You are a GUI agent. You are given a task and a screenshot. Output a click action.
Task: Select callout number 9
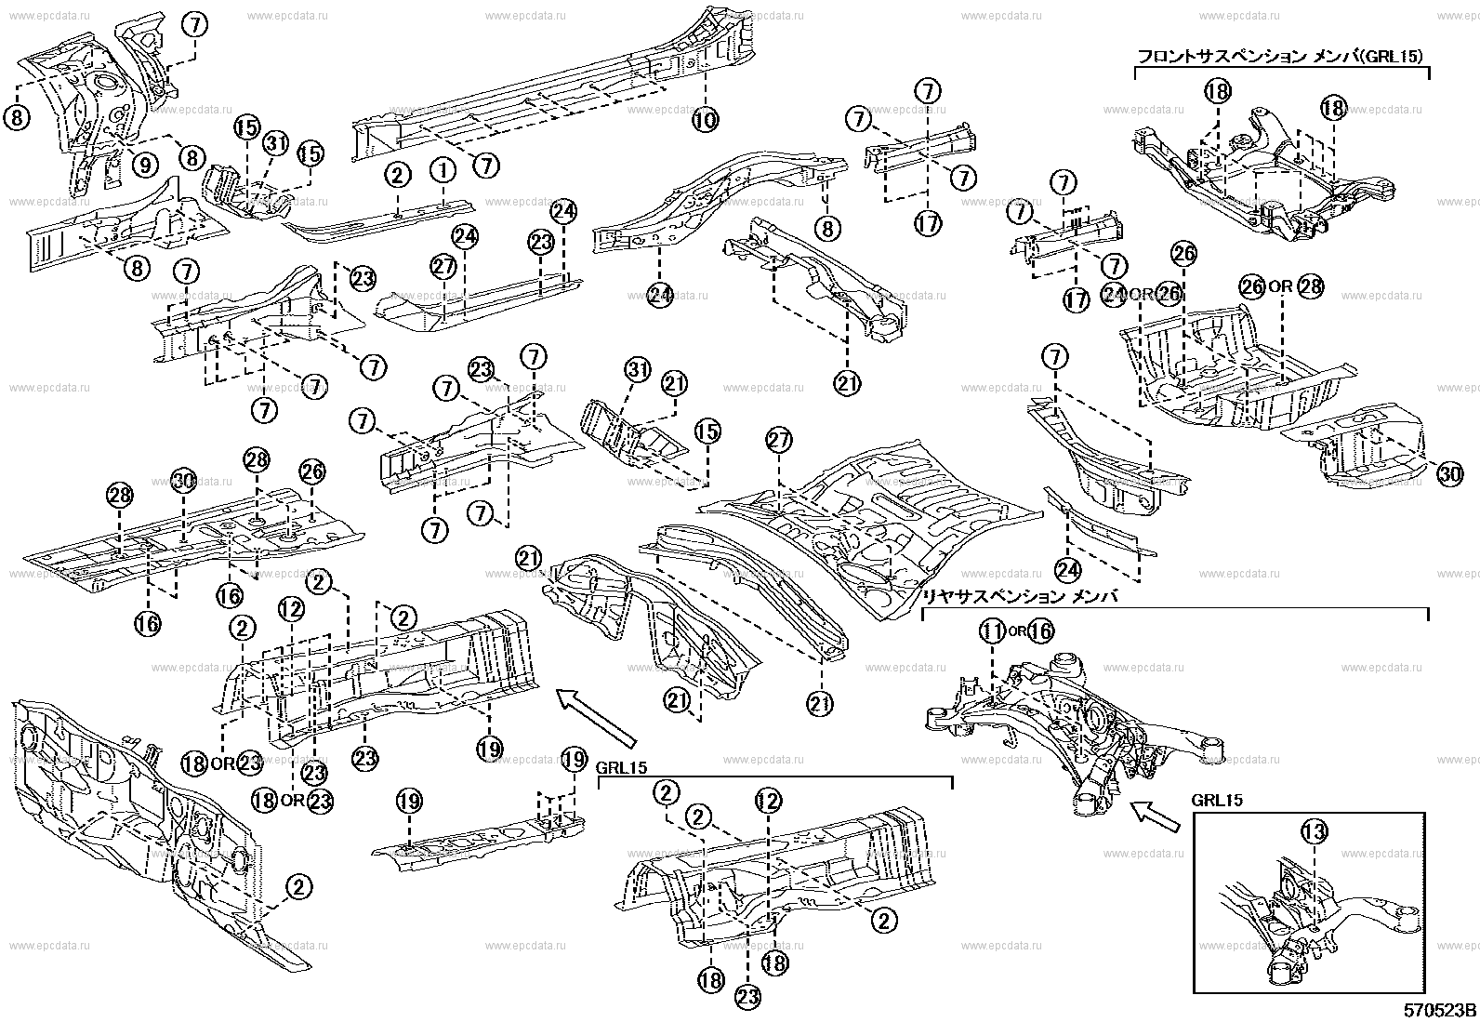tap(144, 165)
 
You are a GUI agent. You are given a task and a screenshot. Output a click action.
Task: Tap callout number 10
tap(706, 119)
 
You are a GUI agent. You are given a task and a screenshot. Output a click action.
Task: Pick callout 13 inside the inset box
tap(1313, 831)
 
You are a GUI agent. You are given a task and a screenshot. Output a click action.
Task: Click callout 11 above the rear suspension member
tap(993, 631)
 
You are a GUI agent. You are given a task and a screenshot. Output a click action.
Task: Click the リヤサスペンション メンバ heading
tap(1018, 596)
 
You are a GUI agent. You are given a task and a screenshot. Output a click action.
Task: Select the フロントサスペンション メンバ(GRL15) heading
tap(1281, 57)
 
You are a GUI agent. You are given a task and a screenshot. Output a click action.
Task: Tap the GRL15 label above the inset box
tap(1217, 800)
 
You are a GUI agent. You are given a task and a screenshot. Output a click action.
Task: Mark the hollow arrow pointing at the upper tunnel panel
tap(596, 711)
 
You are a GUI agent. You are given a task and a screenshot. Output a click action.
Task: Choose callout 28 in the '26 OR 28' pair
tap(1309, 286)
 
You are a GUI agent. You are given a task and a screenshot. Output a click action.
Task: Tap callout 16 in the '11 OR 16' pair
tap(1041, 631)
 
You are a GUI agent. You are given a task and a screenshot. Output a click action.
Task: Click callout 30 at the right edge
tap(1449, 474)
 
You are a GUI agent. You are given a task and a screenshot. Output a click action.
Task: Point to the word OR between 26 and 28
tap(1280, 286)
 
